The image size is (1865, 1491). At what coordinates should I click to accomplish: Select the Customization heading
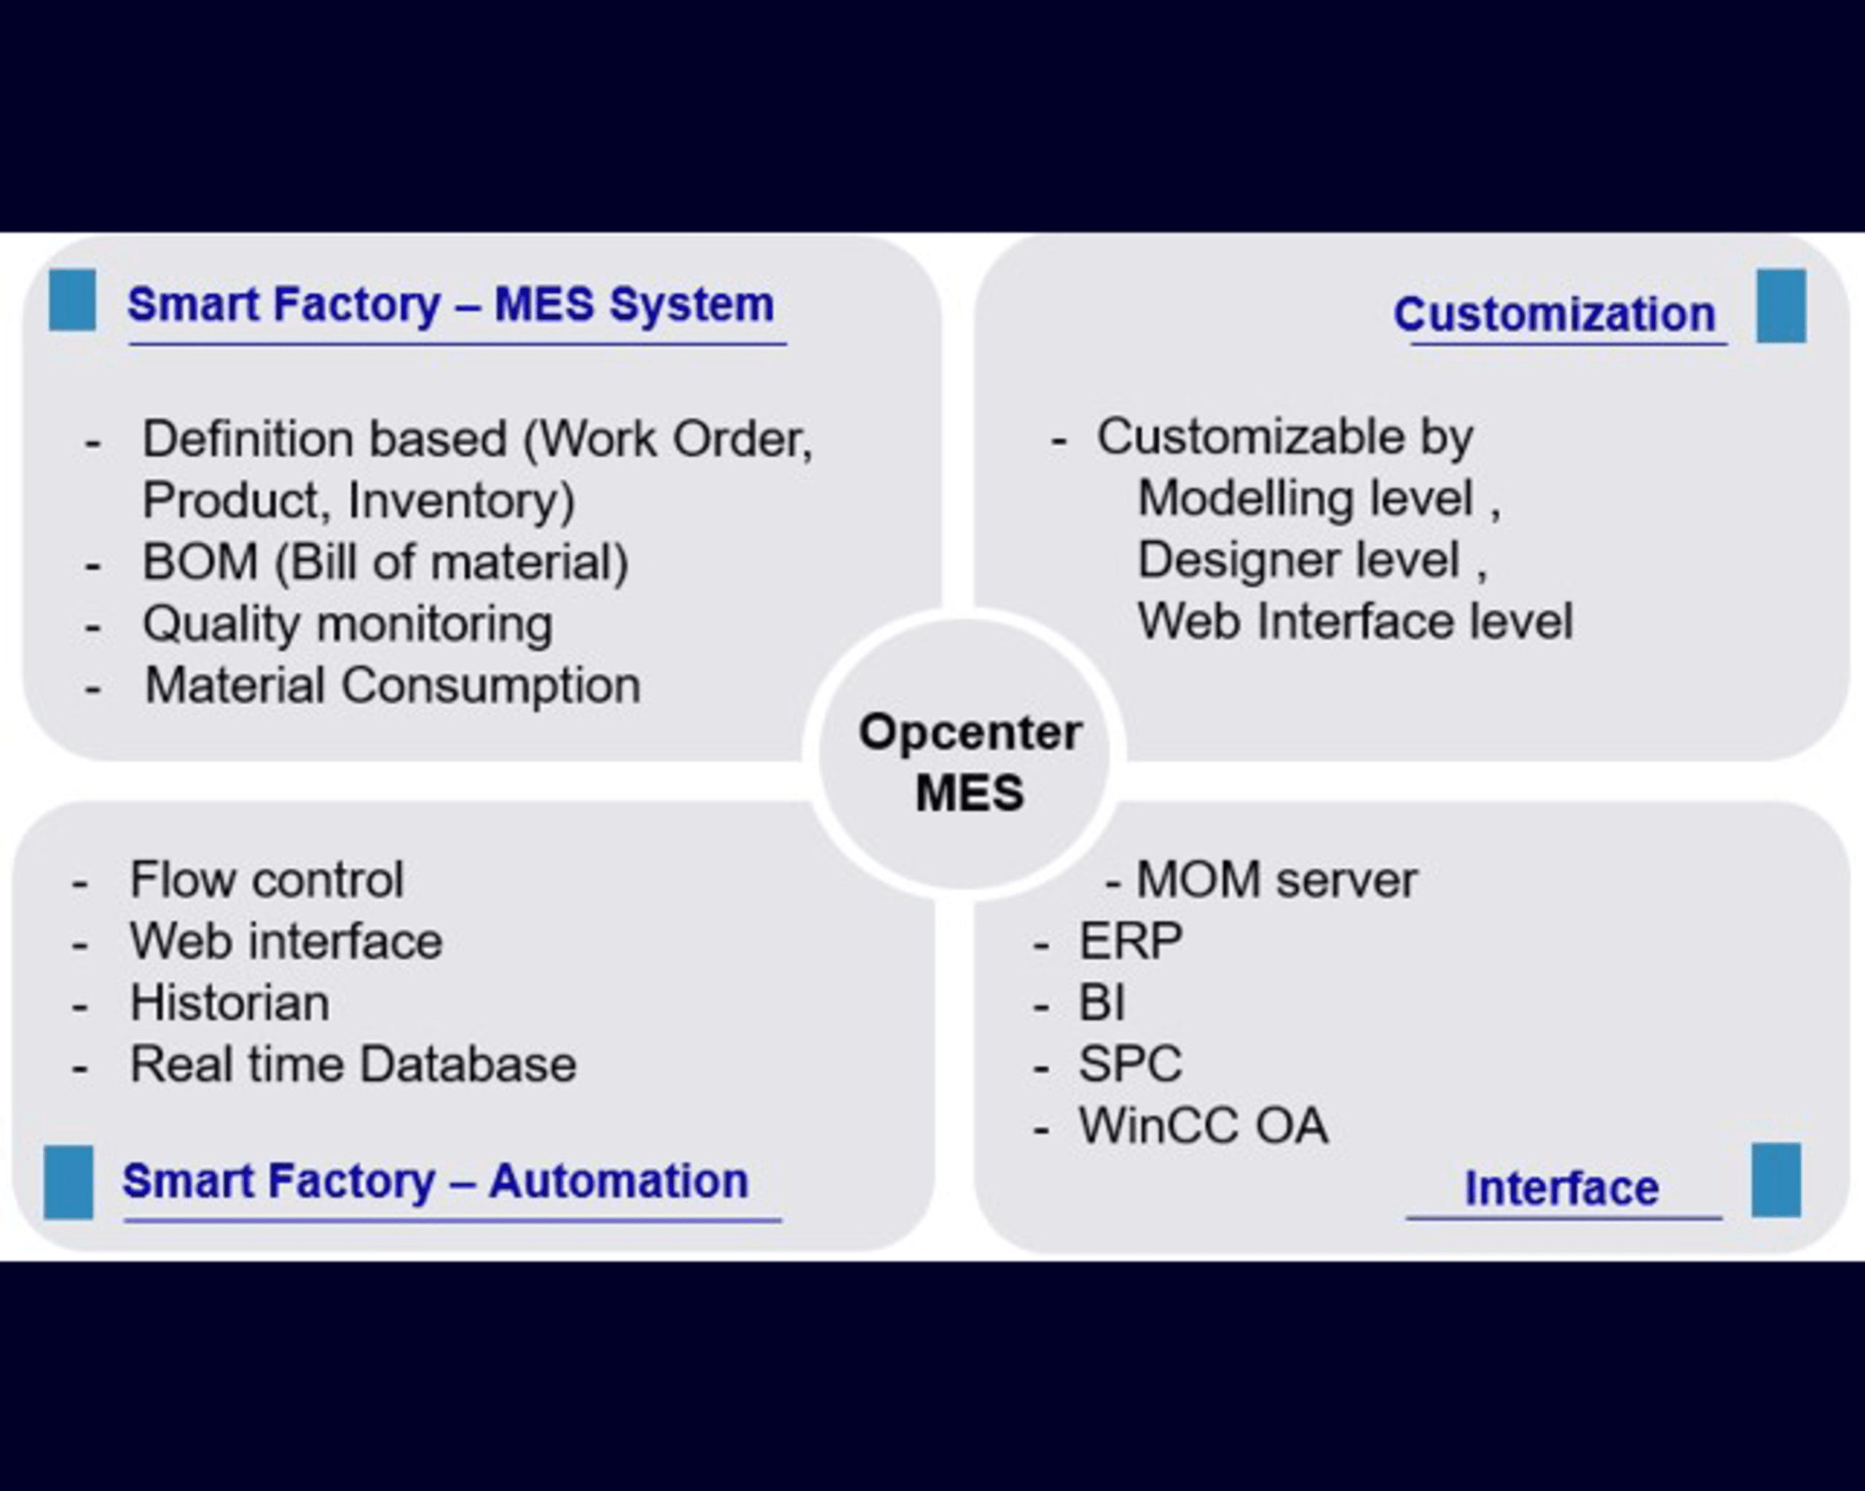tap(1554, 313)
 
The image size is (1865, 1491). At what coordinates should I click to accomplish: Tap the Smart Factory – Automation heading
tap(435, 1181)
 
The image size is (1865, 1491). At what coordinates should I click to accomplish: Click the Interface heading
tap(1560, 1188)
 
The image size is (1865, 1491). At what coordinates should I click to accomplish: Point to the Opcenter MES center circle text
tap(969, 762)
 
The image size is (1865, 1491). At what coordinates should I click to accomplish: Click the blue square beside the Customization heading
tap(1780, 305)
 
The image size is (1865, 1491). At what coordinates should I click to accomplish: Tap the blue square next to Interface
tap(1775, 1181)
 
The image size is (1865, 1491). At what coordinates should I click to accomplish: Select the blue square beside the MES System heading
tap(72, 300)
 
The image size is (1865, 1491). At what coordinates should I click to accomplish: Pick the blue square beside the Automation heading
tap(68, 1182)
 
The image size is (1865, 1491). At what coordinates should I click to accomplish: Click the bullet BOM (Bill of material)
tap(385, 562)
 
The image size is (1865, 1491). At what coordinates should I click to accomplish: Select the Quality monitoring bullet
tap(347, 624)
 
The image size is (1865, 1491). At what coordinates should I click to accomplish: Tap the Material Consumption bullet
tap(392, 685)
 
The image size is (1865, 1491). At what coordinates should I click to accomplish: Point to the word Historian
tap(229, 1003)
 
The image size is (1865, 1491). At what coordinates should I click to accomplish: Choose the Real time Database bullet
tap(352, 1065)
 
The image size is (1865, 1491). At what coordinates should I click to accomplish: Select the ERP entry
tap(1130, 941)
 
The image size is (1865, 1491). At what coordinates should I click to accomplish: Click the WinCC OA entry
tap(1202, 1126)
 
